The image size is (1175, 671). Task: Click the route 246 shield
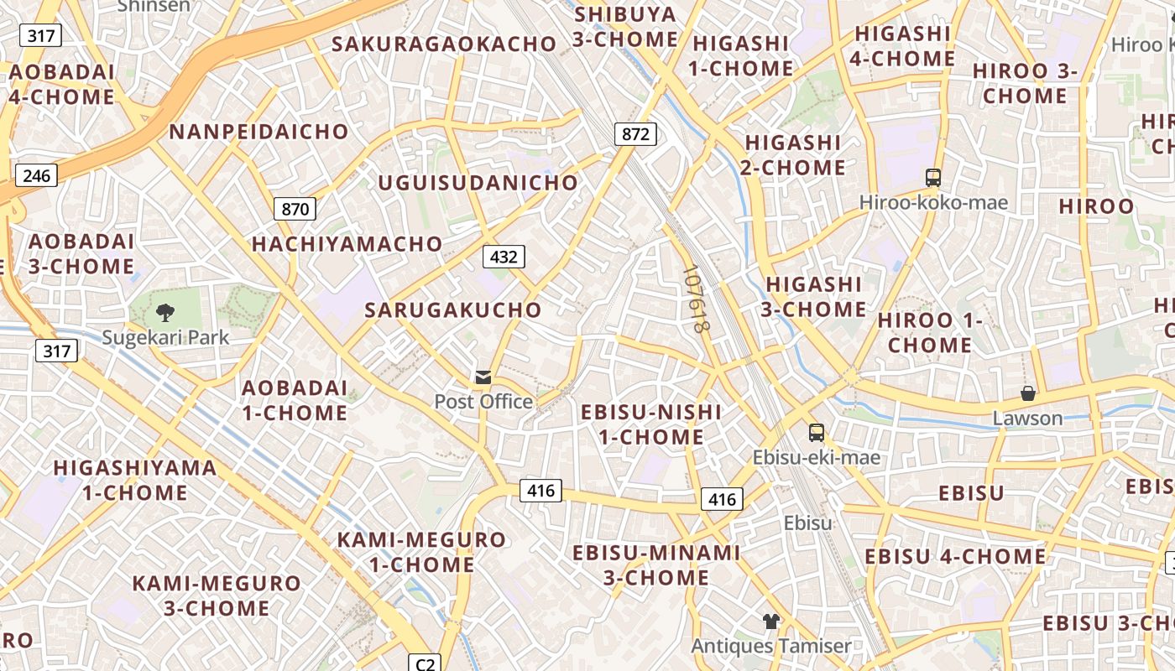[x=36, y=175]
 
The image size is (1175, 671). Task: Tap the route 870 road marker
[x=295, y=209]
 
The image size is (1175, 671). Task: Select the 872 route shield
[x=634, y=133]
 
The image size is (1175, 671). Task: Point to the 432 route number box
[x=503, y=257]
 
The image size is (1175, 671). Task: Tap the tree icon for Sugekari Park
[x=165, y=314]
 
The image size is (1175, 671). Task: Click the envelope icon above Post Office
[x=483, y=377]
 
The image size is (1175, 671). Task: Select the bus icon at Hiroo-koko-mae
[x=933, y=177]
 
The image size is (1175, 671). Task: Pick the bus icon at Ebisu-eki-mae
[x=816, y=433]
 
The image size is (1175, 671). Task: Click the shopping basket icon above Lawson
[x=1027, y=393]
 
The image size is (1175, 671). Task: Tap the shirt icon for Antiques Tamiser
[x=770, y=622]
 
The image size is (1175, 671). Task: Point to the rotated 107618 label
[x=697, y=300]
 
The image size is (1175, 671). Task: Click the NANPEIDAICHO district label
[x=258, y=132]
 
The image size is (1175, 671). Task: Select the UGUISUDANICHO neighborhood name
[x=478, y=183]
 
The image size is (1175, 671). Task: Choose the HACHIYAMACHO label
[x=347, y=244]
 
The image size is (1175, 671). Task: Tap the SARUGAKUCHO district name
[x=453, y=310]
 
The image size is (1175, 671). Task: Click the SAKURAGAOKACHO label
[x=444, y=44]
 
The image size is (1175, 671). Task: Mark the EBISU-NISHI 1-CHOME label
[x=650, y=424]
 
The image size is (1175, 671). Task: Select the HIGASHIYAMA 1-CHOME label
[x=135, y=481]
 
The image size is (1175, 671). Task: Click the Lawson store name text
[x=1027, y=418]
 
